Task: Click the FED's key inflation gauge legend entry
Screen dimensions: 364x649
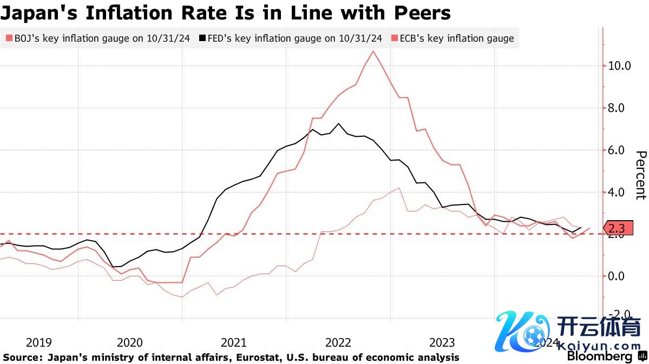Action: [292, 38]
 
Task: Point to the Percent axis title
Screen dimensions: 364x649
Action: [640, 175]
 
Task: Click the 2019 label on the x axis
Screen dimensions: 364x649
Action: [39, 342]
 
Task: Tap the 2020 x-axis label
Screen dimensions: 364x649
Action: [130, 342]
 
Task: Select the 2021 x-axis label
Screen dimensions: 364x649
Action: [234, 342]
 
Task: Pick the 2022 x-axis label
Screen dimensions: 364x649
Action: [338, 342]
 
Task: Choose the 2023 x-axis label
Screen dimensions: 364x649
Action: [442, 342]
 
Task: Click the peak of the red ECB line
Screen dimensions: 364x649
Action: [373, 51]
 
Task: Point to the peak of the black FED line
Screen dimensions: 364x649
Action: [339, 124]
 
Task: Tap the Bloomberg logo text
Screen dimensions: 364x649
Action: [599, 357]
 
